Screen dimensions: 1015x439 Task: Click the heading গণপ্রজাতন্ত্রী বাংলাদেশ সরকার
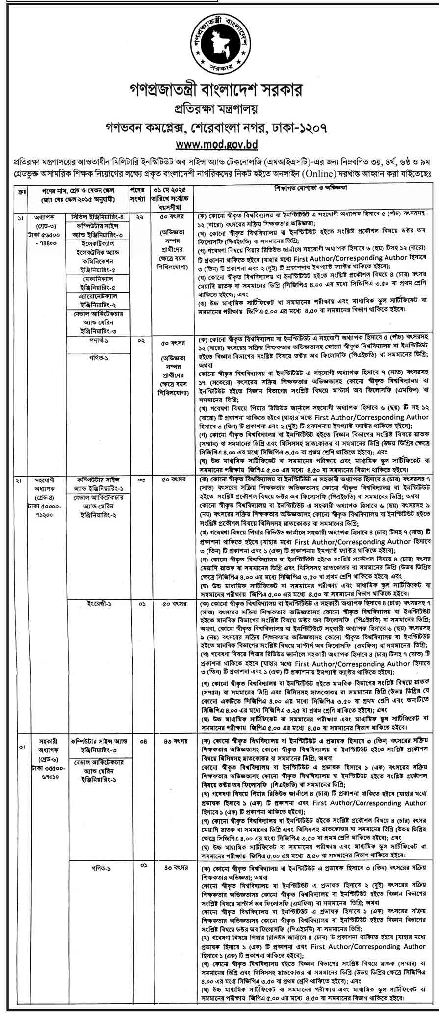tap(219, 90)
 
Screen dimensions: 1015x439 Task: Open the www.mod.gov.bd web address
tap(219, 145)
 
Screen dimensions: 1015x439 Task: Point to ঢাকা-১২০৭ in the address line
tap(301, 127)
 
